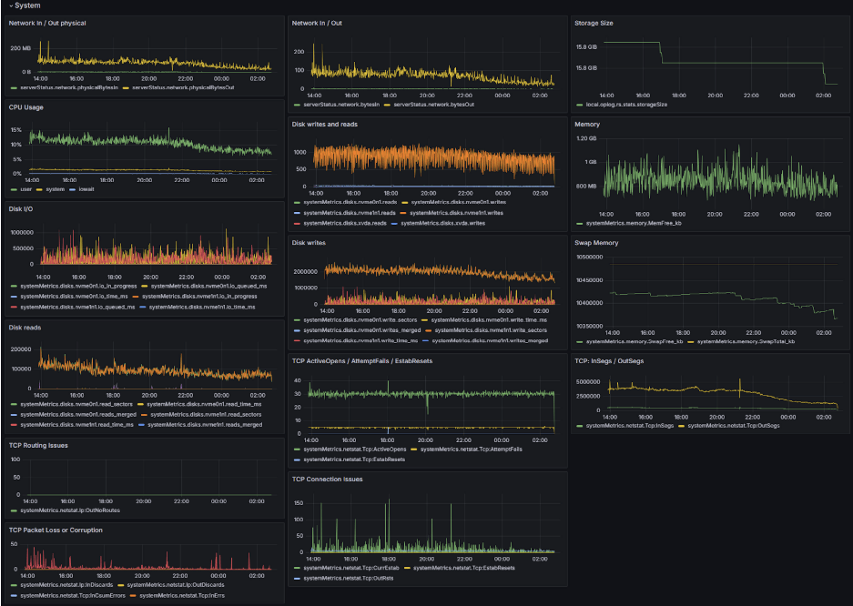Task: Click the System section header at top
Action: coord(27,5)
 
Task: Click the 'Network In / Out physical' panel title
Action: coord(47,23)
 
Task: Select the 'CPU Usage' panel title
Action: coord(27,107)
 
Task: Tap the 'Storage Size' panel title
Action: coord(594,23)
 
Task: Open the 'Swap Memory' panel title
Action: coord(596,243)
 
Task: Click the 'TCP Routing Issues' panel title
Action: coord(39,446)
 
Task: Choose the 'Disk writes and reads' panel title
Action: coord(330,124)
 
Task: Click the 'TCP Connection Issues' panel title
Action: coord(328,478)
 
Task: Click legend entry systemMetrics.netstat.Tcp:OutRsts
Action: coord(339,578)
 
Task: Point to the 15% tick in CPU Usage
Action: coord(15,130)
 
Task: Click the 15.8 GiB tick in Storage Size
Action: coord(586,46)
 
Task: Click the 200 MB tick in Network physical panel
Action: coord(20,46)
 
